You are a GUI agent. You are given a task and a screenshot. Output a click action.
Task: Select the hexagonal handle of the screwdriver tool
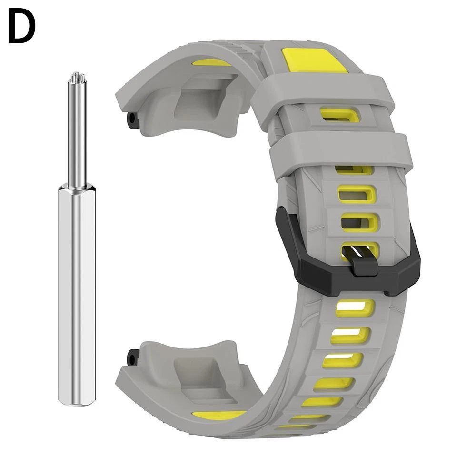[77, 296]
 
